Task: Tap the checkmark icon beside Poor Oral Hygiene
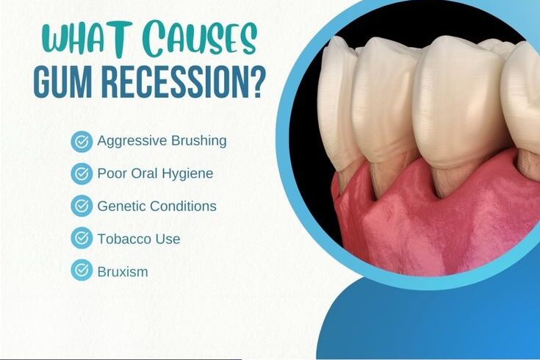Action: tap(82, 174)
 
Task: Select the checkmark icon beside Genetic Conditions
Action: tap(82, 206)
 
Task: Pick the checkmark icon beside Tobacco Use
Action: tap(82, 239)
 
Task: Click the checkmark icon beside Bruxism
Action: tap(82, 271)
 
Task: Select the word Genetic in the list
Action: tap(120, 206)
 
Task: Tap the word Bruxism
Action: tap(123, 271)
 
